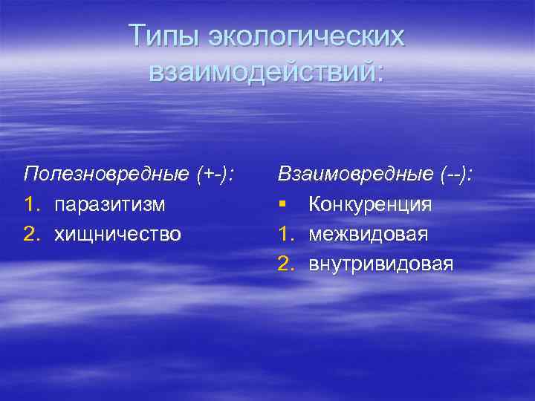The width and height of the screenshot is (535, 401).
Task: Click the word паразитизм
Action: (110, 203)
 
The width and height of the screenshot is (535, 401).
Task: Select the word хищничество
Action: (117, 234)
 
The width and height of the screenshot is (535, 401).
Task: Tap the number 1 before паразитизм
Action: (30, 203)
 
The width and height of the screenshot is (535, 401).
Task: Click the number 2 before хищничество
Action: (30, 234)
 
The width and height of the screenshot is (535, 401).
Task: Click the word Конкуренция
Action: (370, 203)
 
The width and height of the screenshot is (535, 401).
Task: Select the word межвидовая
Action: (368, 234)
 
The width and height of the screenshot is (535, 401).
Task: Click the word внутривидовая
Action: (380, 264)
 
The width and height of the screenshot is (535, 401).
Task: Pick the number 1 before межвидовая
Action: (285, 234)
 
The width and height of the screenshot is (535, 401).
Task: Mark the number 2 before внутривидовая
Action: (285, 264)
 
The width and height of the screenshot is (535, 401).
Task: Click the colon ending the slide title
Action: (380, 73)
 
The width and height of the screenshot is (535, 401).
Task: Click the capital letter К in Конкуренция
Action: (315, 203)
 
